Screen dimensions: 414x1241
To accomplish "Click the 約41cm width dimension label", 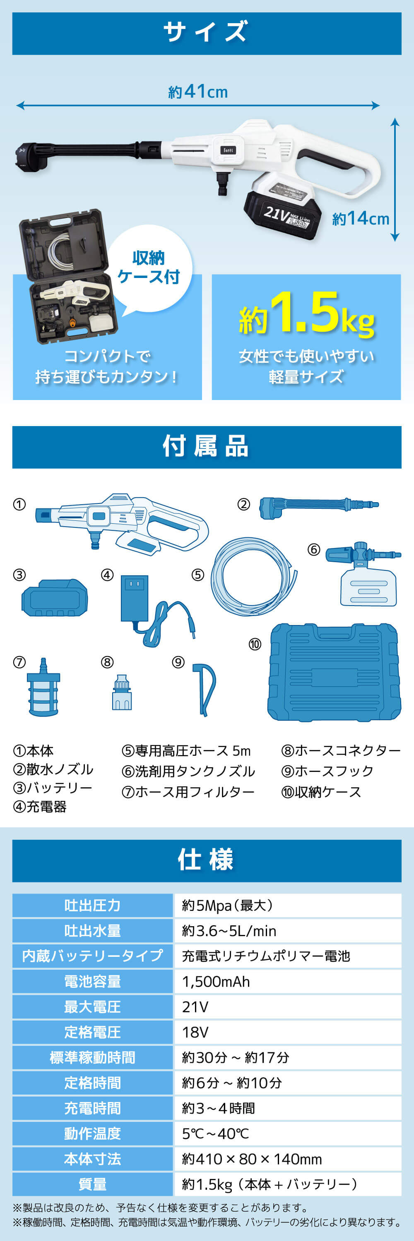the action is pyautogui.click(x=198, y=91).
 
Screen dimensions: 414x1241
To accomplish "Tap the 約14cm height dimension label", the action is pyautogui.click(x=361, y=218).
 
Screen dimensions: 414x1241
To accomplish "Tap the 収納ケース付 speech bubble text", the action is pyautogui.click(x=149, y=267).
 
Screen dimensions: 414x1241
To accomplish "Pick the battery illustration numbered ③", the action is pyautogui.click(x=55, y=597).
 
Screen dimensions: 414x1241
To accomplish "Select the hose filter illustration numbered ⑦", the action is pyautogui.click(x=43, y=687).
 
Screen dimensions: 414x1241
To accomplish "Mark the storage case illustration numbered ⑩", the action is pyautogui.click(x=334, y=673).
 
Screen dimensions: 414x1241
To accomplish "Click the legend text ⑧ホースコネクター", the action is pyautogui.click(x=341, y=750).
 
